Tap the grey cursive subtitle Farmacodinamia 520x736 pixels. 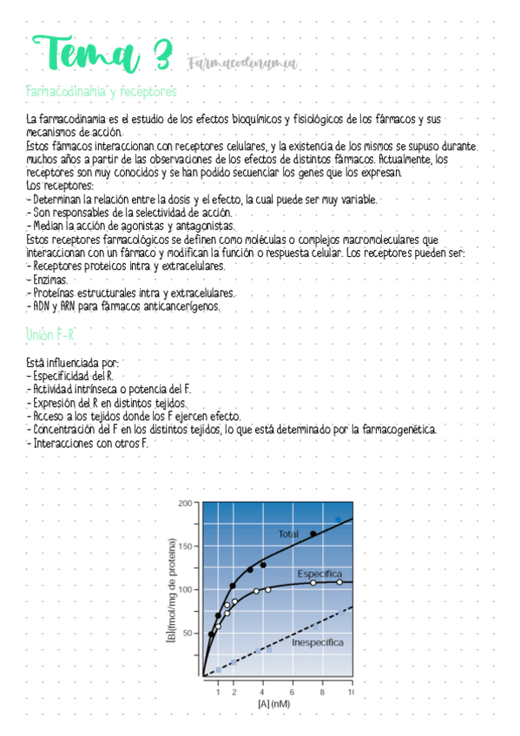(x=240, y=62)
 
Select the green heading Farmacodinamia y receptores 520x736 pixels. (x=102, y=91)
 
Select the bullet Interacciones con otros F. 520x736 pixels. (x=89, y=443)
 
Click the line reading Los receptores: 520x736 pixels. (x=60, y=186)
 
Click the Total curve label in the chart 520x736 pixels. (x=288, y=534)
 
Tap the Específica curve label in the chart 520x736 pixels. (x=319, y=575)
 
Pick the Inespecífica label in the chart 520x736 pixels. (x=317, y=642)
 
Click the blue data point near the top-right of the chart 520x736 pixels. (x=339, y=519)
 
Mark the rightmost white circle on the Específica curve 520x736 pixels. (x=339, y=582)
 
